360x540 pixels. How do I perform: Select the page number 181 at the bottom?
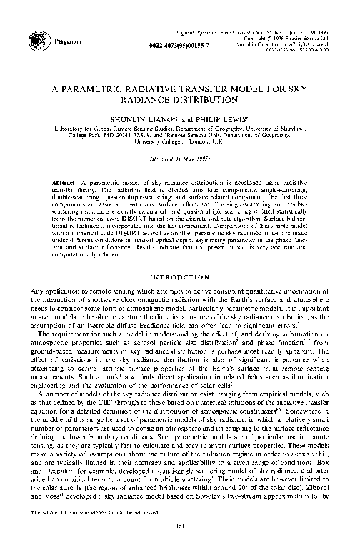tap(179, 529)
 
